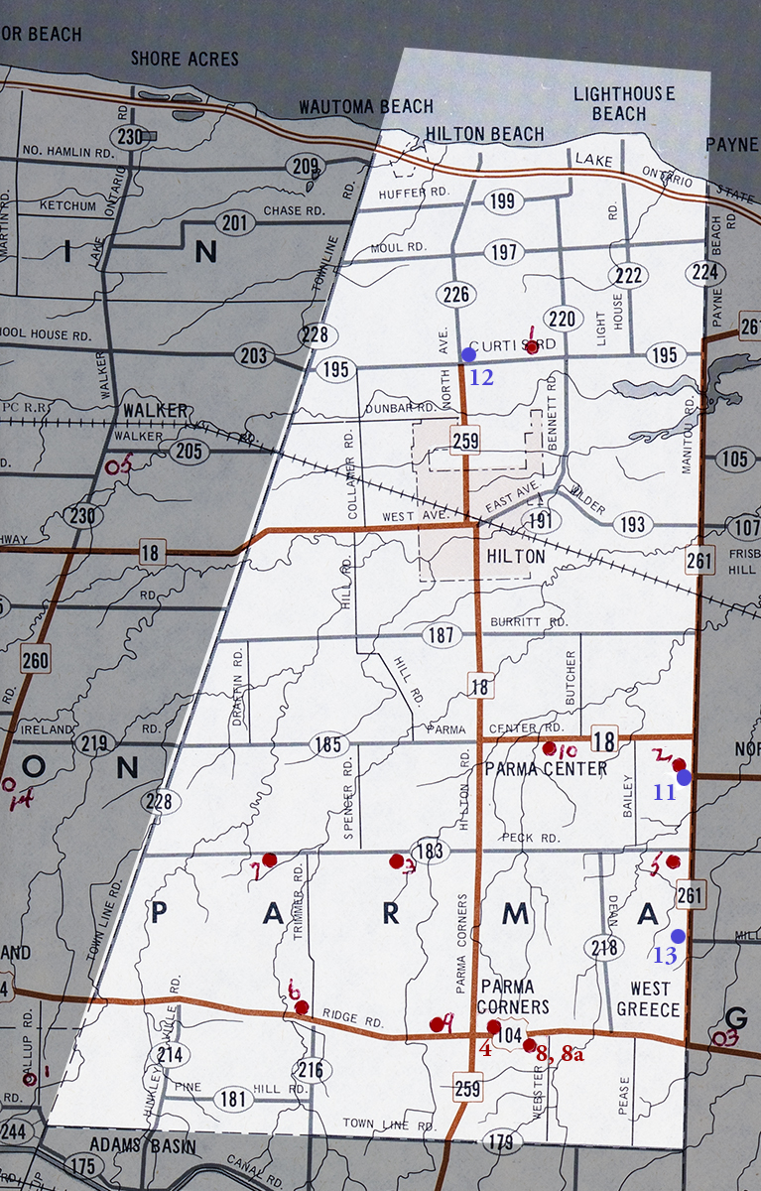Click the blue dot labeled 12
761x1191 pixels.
click(x=468, y=354)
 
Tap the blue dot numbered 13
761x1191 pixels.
click(x=678, y=936)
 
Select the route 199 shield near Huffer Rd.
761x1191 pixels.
click(x=504, y=203)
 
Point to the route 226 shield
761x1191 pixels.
click(x=456, y=294)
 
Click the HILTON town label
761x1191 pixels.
click(x=516, y=557)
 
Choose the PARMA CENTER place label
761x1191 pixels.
click(x=546, y=769)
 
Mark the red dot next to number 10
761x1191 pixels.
click(x=549, y=747)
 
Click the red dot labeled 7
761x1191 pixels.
click(x=269, y=860)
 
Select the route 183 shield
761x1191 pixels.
click(x=430, y=851)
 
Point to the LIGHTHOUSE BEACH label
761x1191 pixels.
click(x=624, y=103)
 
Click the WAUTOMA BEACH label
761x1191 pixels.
click(x=366, y=107)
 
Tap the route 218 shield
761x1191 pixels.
click(x=605, y=947)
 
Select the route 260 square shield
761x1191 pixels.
click(x=35, y=657)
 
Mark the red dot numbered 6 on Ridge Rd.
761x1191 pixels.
click(x=302, y=1007)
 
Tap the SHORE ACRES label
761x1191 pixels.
click(x=185, y=60)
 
